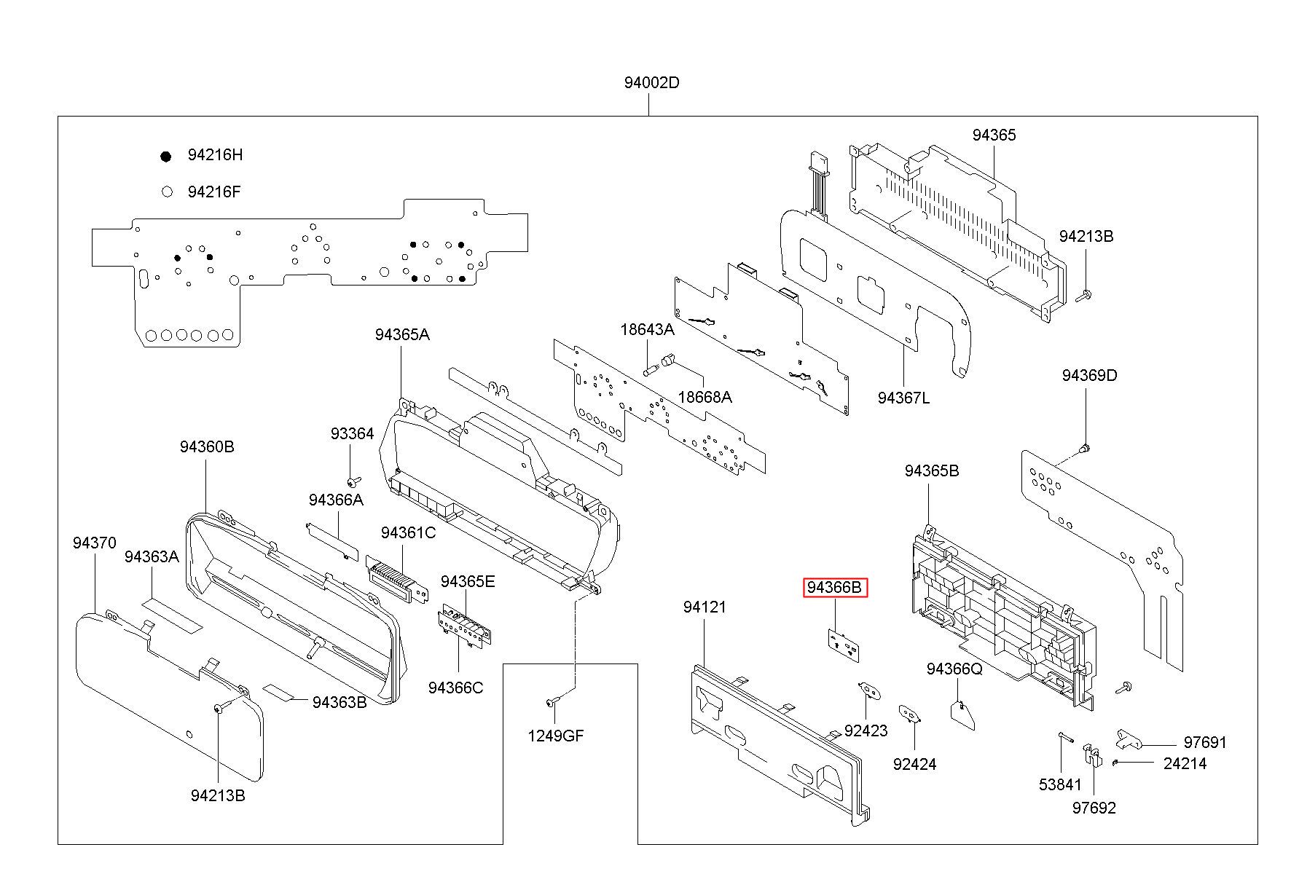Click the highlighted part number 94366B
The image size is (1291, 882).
tap(835, 588)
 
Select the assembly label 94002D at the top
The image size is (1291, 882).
tap(651, 83)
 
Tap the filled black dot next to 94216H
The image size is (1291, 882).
tap(166, 156)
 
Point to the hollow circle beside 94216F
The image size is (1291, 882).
tap(167, 192)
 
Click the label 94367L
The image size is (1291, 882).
tap(903, 398)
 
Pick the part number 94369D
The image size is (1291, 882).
tap(1089, 376)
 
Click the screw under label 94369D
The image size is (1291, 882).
tap(1084, 448)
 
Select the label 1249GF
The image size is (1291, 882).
tap(556, 736)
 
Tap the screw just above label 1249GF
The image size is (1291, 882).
tap(552, 702)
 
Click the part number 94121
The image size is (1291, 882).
tap(705, 607)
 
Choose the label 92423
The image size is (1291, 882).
tap(866, 731)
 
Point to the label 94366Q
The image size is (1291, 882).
tap(954, 669)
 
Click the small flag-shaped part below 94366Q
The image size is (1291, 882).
tap(963, 714)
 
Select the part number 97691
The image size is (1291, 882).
tap(1205, 742)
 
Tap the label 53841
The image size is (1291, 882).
tap(1060, 784)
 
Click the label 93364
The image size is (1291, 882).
tap(352, 434)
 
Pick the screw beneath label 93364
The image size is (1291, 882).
tap(353, 481)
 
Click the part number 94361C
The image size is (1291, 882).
tap(408, 533)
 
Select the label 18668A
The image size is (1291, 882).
tap(705, 397)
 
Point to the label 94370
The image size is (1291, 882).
tap(94, 543)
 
